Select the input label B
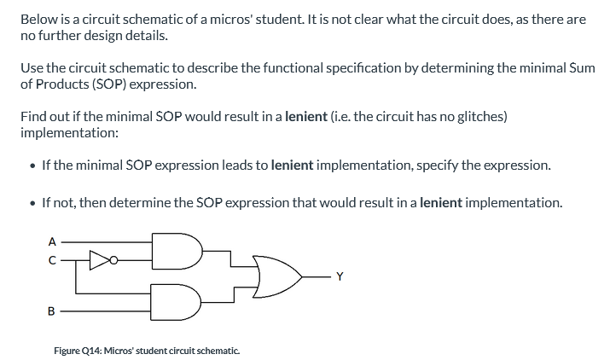point(51,311)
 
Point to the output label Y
point(340,275)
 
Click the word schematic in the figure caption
point(218,350)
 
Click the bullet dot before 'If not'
point(32,204)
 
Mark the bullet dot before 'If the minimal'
point(32,165)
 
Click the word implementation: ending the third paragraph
point(69,133)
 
